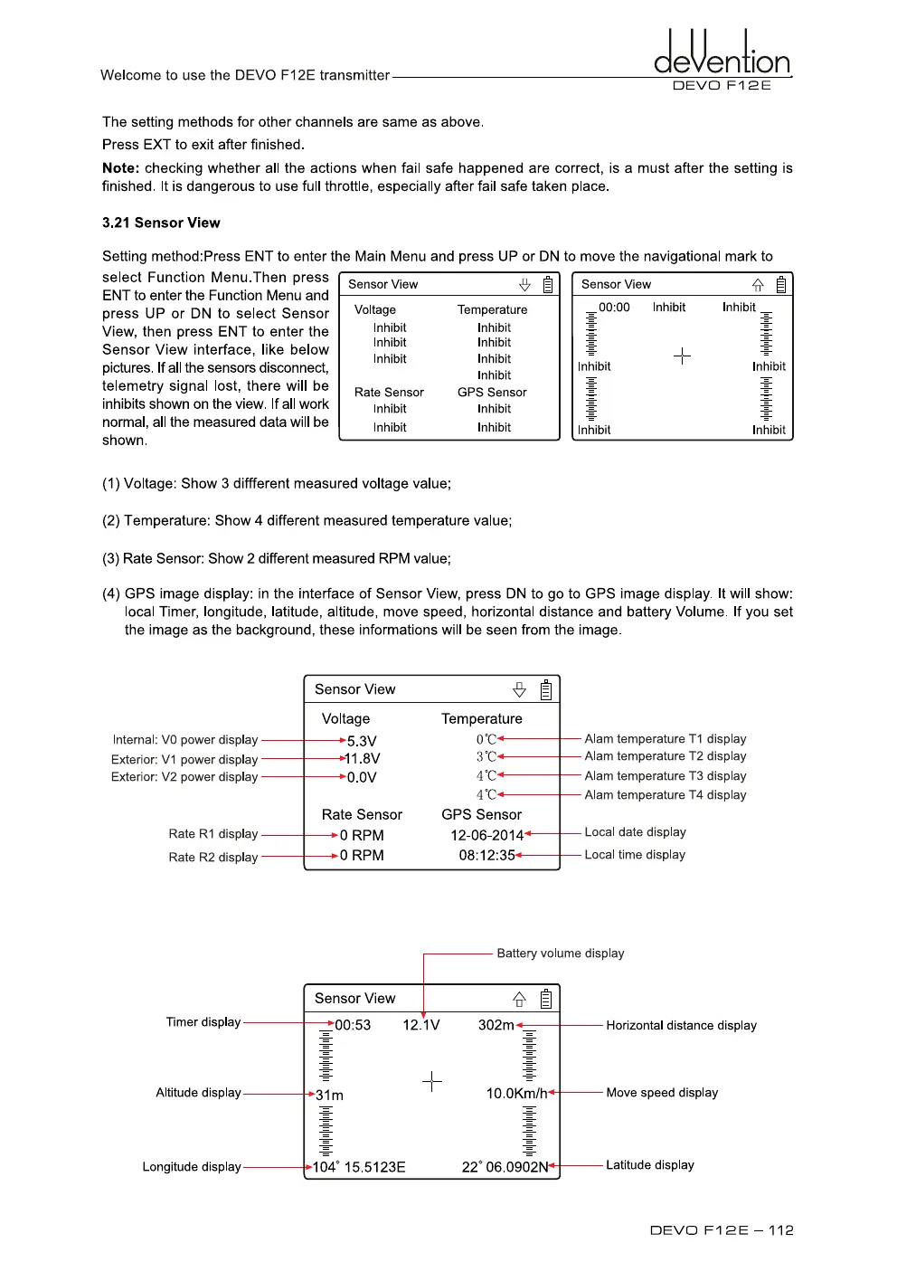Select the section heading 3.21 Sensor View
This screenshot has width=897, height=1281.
[161, 223]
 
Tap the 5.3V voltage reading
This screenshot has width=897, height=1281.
[362, 741]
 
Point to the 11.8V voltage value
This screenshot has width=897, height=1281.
[362, 758]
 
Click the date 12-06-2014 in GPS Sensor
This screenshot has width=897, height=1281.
[487, 835]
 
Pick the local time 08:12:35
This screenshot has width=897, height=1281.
[486, 855]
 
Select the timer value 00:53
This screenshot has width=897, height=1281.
[353, 1025]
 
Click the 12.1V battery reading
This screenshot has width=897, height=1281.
[421, 1025]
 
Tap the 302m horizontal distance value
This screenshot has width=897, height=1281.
[496, 1025]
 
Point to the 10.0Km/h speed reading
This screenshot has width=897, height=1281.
[516, 1093]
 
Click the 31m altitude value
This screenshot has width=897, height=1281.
[329, 1095]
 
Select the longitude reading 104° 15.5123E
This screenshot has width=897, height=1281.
[359, 1167]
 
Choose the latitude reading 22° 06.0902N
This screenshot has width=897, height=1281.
[505, 1167]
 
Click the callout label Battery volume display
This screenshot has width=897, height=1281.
[561, 954]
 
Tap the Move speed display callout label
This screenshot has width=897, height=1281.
[662, 1093]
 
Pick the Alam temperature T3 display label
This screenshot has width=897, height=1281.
[666, 776]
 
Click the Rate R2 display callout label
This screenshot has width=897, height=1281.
[213, 857]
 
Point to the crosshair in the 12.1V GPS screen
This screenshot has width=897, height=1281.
[432, 1081]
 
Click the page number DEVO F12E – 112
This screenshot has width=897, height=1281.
[722, 1230]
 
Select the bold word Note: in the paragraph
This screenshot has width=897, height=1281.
[121, 168]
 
